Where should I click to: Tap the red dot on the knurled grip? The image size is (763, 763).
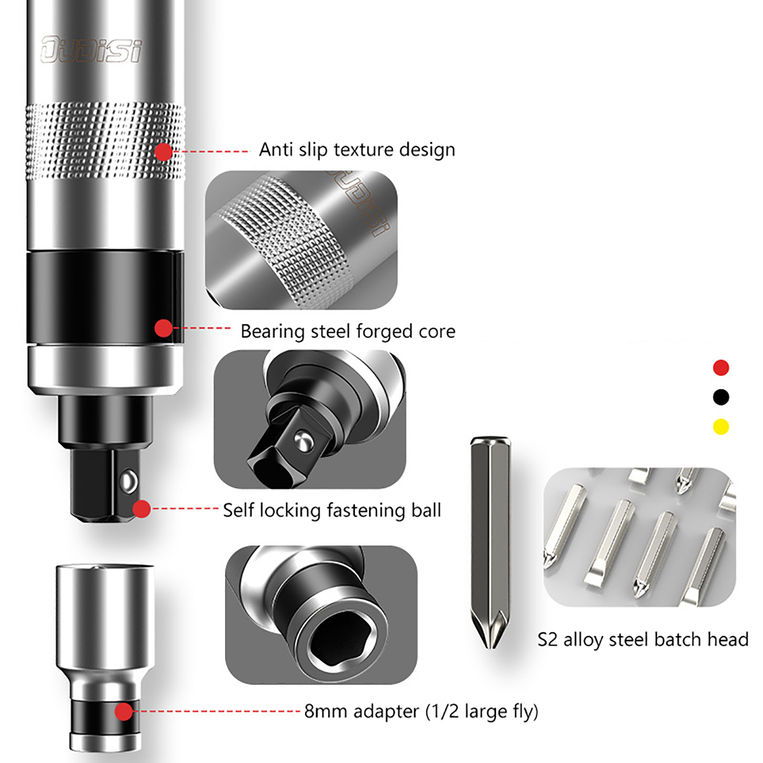point(164,152)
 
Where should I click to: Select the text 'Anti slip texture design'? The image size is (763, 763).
point(357,150)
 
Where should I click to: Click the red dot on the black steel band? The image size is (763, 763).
point(164,328)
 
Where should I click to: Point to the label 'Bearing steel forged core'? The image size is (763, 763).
point(348,331)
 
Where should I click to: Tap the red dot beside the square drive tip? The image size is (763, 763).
point(142,509)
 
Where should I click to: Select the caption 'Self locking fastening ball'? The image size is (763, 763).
point(332,510)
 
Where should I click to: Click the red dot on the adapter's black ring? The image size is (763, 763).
point(124,711)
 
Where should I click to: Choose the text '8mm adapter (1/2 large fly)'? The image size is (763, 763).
point(421,711)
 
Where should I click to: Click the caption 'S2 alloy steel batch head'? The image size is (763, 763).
point(643,639)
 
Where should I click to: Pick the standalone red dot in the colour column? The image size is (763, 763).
point(721,368)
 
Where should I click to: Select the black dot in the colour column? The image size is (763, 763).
point(721,397)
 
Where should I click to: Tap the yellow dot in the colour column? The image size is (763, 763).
point(721,426)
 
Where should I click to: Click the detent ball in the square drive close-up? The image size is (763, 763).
point(302,440)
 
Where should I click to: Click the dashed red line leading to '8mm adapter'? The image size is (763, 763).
point(217,711)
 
